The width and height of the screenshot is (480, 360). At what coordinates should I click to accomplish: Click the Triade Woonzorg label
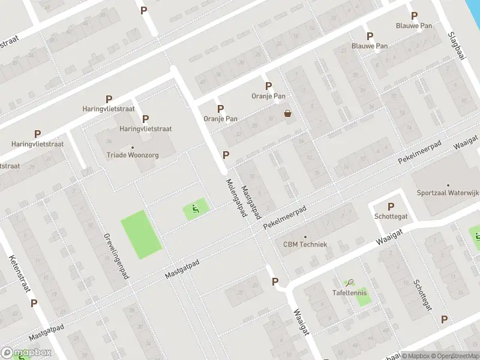[x=133, y=154]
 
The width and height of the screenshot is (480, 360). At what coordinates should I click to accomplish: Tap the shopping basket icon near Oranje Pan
[x=288, y=113]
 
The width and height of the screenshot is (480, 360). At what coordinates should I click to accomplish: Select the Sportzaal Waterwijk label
[x=448, y=193]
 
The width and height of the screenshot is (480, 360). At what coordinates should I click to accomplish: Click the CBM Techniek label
[x=305, y=244]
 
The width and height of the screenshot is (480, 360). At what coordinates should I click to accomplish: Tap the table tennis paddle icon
[x=350, y=281]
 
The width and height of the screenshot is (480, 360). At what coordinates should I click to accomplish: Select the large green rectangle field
[x=142, y=235]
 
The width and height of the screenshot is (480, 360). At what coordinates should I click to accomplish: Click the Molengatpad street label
[x=236, y=197]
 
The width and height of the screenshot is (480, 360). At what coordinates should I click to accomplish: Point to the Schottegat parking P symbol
[x=391, y=206]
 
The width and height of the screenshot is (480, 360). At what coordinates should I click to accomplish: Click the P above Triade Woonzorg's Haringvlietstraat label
[x=145, y=119]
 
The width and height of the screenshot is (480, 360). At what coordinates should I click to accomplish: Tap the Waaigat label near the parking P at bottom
[x=301, y=322]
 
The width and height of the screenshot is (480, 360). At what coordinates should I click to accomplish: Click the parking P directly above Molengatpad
[x=226, y=155]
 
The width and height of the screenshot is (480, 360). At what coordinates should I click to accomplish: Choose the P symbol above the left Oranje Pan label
[x=220, y=109]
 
